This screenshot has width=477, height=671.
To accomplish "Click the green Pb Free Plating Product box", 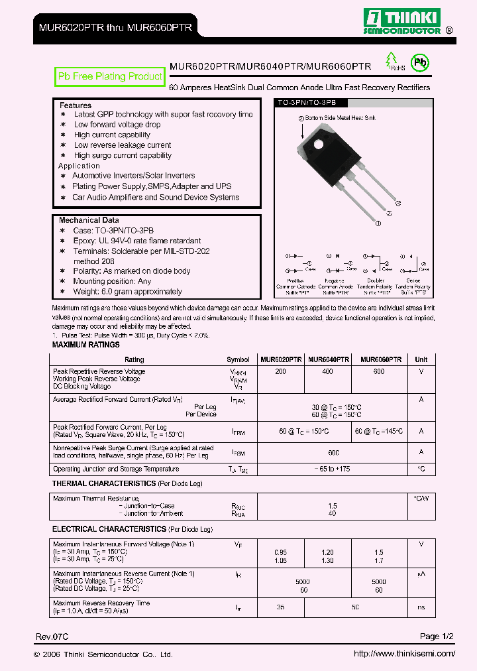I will click(110, 77).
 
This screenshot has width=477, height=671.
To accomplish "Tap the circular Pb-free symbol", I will click(419, 63).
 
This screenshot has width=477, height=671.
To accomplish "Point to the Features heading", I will click(76, 105).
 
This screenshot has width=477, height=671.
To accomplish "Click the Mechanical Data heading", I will click(89, 220).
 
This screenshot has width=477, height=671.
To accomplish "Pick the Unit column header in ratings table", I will click(421, 359).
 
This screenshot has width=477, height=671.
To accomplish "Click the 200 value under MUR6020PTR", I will click(280, 372).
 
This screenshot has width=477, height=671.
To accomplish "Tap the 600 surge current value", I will click(333, 453).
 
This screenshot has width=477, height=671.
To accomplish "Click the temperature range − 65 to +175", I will click(333, 469).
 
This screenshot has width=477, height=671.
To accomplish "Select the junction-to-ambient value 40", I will click(333, 513).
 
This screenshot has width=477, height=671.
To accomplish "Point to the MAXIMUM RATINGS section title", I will click(86, 345).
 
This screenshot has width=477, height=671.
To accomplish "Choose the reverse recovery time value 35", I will click(280, 607).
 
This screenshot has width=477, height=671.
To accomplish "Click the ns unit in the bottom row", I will click(421, 607).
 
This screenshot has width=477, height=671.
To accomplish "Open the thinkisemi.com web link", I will click(404, 654).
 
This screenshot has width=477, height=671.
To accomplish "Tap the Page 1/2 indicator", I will click(437, 637).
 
